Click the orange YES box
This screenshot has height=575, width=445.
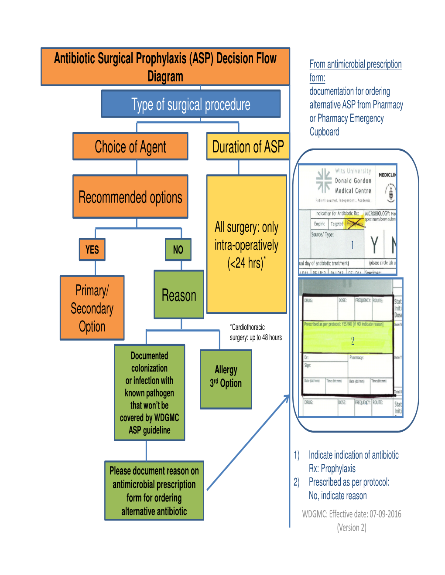click(x=92, y=250)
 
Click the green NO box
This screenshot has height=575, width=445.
click(x=178, y=250)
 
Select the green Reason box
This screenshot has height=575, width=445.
click(x=179, y=295)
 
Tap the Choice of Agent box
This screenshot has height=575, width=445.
click(x=130, y=147)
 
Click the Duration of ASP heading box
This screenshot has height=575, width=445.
click(x=248, y=146)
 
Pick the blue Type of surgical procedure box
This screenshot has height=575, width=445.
click(x=191, y=105)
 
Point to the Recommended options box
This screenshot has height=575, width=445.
click(x=130, y=197)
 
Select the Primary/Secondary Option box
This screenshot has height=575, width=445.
click(x=92, y=308)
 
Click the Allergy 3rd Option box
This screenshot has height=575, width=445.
click(x=226, y=377)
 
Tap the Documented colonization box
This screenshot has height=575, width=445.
click(x=149, y=393)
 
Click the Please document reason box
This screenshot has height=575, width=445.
click(x=154, y=491)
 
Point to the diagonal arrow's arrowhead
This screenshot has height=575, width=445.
click(x=287, y=397)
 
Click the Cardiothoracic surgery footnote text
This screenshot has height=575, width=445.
click(x=256, y=332)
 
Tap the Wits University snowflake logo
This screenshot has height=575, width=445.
click(x=324, y=180)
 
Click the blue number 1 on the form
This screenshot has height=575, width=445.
click(x=353, y=245)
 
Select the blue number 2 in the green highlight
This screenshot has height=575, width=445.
click(x=353, y=341)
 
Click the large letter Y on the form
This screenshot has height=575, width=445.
click(x=374, y=245)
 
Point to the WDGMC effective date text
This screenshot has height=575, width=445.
click(x=352, y=514)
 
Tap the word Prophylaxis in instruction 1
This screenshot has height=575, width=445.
click(x=338, y=469)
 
